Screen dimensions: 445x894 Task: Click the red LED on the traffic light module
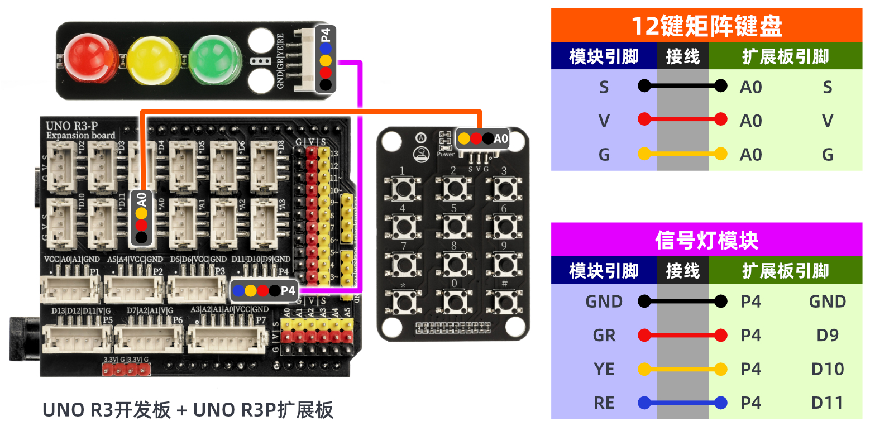[x=89, y=58]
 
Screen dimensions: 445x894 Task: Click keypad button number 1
[x=402, y=189]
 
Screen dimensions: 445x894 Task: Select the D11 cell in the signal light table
[x=827, y=403]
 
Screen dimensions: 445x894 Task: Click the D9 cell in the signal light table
[x=827, y=335]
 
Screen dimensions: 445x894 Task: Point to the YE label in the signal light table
[x=604, y=369]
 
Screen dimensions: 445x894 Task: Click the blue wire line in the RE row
[x=682, y=403]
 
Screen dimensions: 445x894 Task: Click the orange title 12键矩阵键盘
[x=706, y=26]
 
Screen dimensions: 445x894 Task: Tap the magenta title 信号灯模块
[x=706, y=240]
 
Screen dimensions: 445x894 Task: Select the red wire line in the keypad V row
[x=682, y=119]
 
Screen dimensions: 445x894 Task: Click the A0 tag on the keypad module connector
[x=500, y=138]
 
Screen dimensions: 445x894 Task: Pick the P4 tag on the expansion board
[x=288, y=290]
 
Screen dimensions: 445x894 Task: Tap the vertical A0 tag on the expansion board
[x=141, y=199]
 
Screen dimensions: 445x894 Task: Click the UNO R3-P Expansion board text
[x=80, y=130]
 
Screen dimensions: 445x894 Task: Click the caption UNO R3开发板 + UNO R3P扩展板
[x=188, y=410]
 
